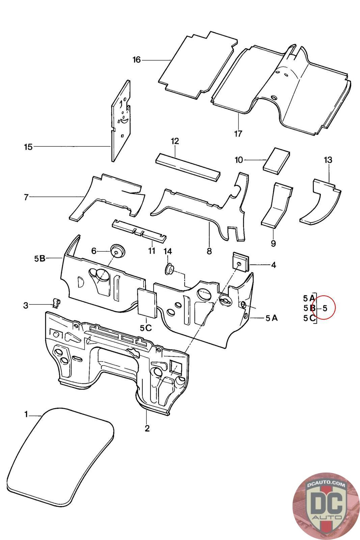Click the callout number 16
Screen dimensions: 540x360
[x=136, y=60]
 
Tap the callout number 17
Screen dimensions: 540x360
[x=238, y=134]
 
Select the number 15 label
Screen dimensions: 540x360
[x=28, y=147]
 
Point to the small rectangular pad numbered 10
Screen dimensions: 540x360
[x=276, y=159]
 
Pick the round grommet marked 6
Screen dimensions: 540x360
[x=117, y=250]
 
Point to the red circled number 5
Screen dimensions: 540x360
[x=325, y=308]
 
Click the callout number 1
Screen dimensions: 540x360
[x=26, y=414]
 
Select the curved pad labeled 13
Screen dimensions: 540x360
[x=321, y=202]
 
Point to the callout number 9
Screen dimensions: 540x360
[x=273, y=243]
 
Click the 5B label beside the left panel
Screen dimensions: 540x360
[x=39, y=259]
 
